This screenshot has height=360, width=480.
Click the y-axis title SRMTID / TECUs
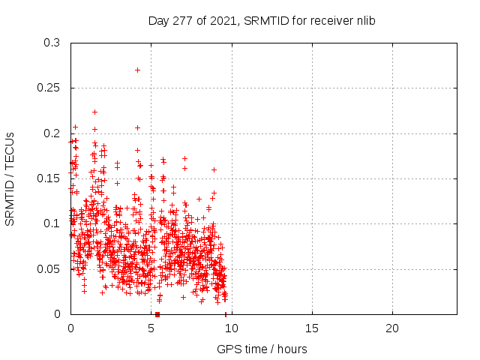click(10, 178)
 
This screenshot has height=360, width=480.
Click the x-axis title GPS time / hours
click(262, 349)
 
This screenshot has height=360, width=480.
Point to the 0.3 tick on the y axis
click(51, 43)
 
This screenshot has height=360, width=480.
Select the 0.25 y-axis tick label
click(48, 88)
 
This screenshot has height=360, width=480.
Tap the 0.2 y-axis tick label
click(51, 133)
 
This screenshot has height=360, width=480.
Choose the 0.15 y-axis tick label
click(48, 178)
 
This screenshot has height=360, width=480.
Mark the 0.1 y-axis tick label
click(51, 223)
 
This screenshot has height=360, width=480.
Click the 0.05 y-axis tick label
click(48, 268)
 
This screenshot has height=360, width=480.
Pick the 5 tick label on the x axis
click(151, 328)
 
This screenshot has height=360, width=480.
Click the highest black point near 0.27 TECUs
click(137, 70)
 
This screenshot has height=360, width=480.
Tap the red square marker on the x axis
click(157, 314)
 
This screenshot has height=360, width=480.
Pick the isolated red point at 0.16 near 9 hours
click(214, 169)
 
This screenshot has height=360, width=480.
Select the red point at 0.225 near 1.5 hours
click(94, 112)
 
